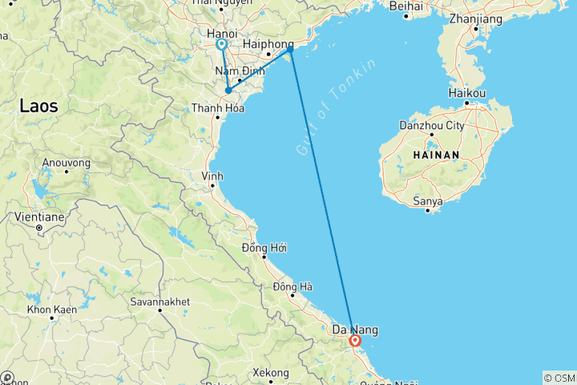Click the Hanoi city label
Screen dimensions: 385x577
point(221,34)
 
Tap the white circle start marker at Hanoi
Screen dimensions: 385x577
point(222,45)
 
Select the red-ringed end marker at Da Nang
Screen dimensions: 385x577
point(355,341)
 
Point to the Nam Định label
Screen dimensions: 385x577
point(234,71)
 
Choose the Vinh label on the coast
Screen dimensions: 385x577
point(212,176)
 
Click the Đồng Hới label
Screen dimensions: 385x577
point(264,248)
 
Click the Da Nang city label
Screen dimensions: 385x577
point(355,330)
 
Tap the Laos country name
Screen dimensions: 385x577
point(38,105)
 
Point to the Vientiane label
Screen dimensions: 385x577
point(38,217)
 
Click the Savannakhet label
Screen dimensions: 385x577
point(159,302)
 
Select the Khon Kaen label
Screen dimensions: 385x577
point(50,309)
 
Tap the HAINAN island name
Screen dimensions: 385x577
point(436,155)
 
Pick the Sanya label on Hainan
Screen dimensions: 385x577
point(428,201)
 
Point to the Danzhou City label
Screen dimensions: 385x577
point(431,126)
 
